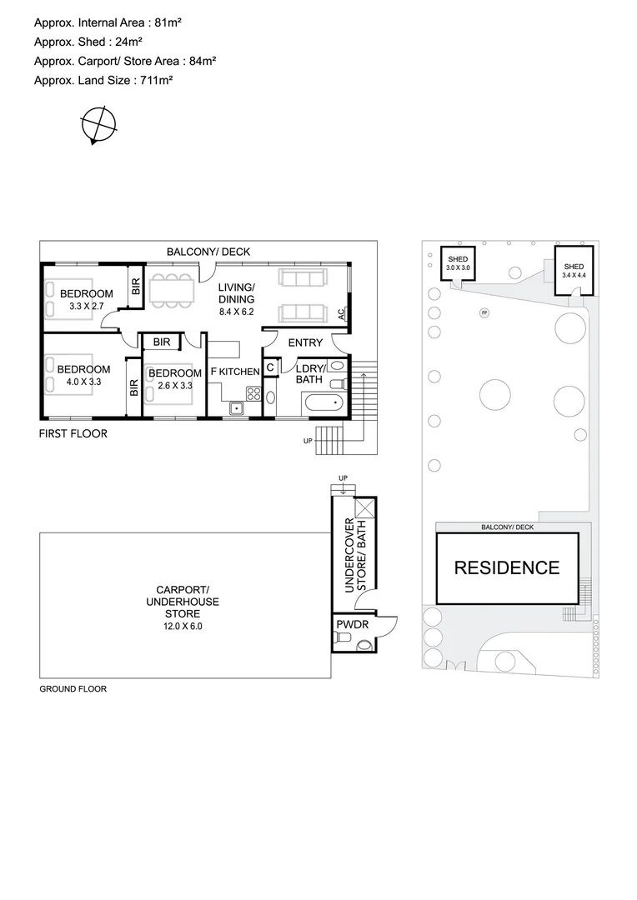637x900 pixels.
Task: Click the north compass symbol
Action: coord(98,126)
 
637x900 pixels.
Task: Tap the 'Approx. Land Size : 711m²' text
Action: coord(103,80)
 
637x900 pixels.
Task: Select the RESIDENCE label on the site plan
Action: coord(506,568)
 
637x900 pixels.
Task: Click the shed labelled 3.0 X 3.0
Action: coord(459,263)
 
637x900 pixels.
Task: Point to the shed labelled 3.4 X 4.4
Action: coord(574,270)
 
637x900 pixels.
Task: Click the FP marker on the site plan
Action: coord(484,313)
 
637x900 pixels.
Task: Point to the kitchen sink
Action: coord(236,407)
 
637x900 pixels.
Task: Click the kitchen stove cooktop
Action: coord(253,394)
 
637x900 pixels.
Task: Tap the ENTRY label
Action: coord(304,342)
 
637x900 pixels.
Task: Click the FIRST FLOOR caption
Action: coord(73,433)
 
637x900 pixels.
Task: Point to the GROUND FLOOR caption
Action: coord(73,689)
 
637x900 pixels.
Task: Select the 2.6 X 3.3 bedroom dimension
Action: coord(174,385)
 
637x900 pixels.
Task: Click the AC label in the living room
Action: coord(341,314)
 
